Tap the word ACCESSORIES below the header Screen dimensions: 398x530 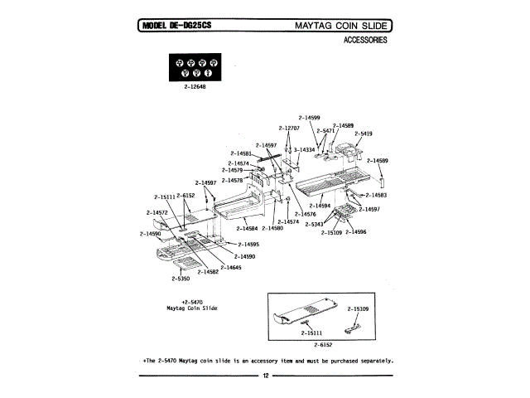(x=365, y=40)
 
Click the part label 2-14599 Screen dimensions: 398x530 (x=309, y=118)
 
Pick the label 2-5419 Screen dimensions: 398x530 (x=363, y=133)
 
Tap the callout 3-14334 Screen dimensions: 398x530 (x=306, y=150)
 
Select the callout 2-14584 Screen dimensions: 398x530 (x=247, y=228)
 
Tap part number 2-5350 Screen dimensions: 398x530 (x=182, y=279)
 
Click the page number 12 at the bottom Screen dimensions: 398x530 (x=265, y=376)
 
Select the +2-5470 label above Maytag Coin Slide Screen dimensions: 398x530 (x=192, y=301)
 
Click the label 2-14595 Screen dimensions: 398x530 (x=248, y=245)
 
